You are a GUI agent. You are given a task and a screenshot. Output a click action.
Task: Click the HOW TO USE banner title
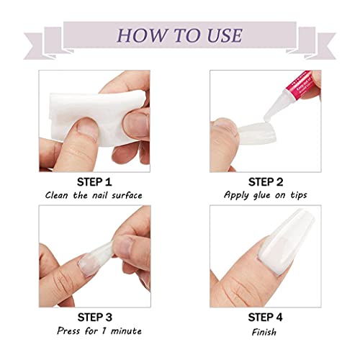pyautogui.click(x=180, y=35)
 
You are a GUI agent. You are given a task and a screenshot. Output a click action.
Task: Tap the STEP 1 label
pyautogui.click(x=103, y=181)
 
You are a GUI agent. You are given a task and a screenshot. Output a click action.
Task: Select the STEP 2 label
pyautogui.click(x=257, y=181)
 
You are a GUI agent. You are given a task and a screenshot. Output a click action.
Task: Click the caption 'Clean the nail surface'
pyautogui.click(x=104, y=194)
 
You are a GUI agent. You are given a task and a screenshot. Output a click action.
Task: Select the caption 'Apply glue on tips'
pyautogui.click(x=257, y=194)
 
